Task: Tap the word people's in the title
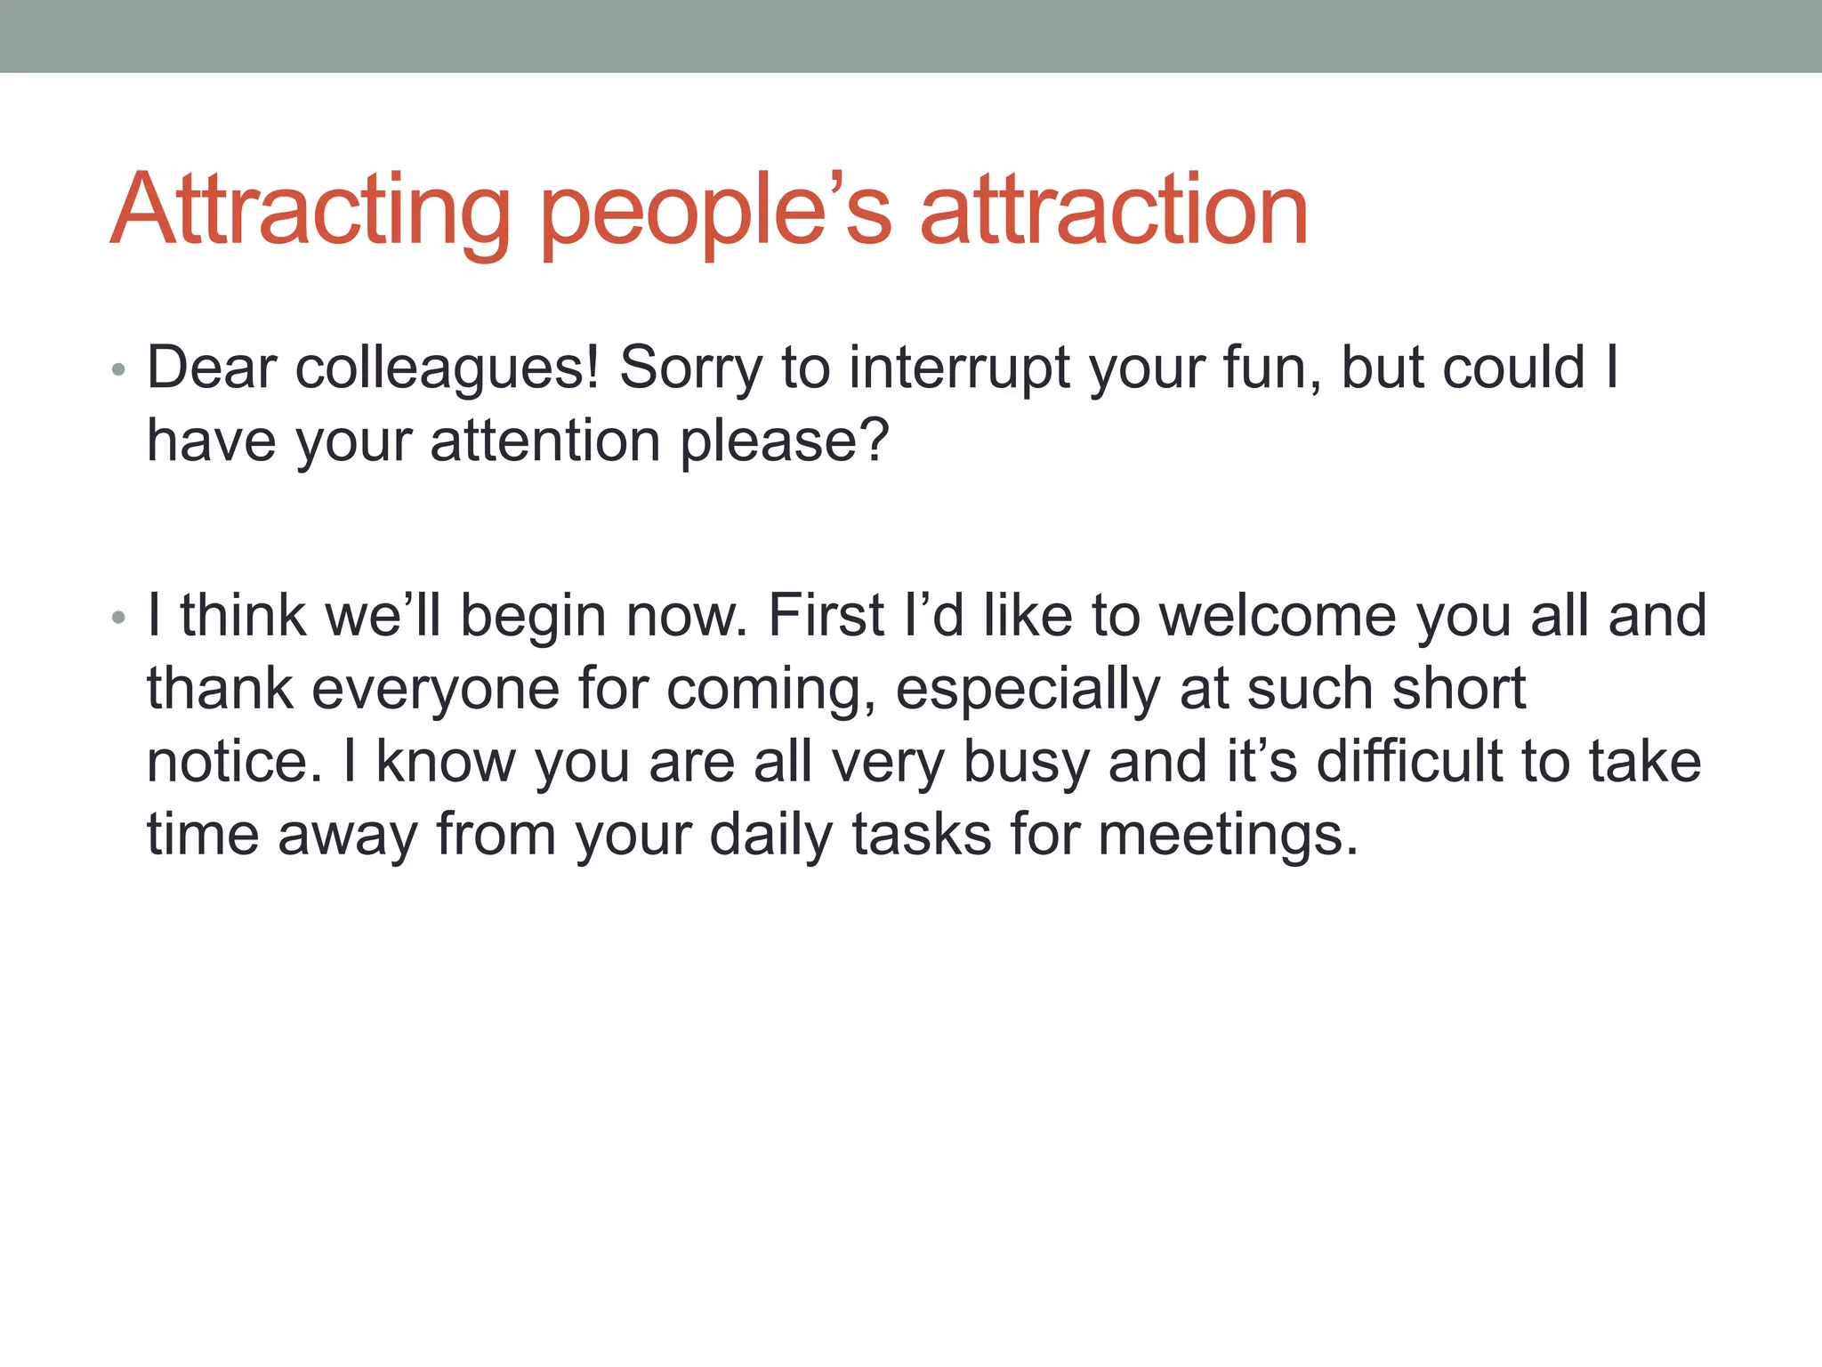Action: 716,211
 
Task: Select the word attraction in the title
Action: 1114,211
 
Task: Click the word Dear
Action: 212,368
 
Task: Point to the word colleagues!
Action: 447,368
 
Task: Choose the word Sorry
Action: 691,368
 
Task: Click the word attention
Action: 545,441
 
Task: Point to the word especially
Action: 1028,688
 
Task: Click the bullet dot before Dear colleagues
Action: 119,369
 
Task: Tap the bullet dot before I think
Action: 119,617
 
